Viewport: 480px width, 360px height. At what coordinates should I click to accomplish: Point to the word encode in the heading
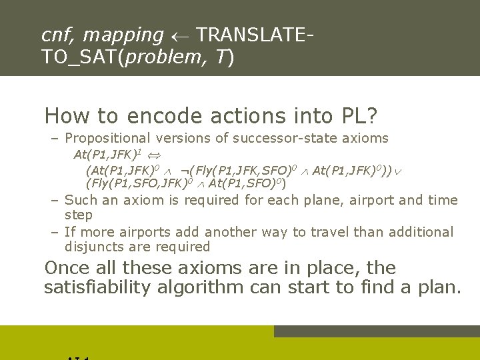pyautogui.click(x=169, y=116)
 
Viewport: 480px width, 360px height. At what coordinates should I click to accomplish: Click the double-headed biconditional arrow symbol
pyautogui.click(x=156, y=155)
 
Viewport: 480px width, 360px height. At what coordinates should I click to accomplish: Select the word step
pyautogui.click(x=79, y=215)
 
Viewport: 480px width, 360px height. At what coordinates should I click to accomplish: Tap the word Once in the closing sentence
pyautogui.click(x=66, y=268)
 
